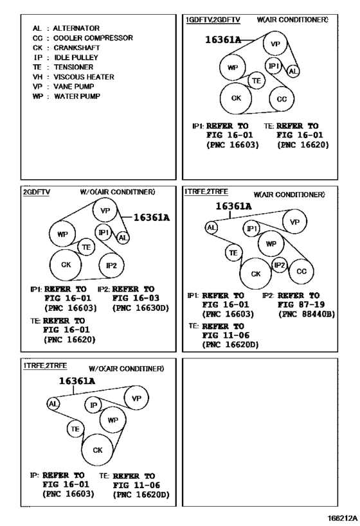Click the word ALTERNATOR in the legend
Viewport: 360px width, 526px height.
76,28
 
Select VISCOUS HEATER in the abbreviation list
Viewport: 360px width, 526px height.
84,77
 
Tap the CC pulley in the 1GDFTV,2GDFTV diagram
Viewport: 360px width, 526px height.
282,99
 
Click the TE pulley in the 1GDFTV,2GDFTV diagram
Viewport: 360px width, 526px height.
256,80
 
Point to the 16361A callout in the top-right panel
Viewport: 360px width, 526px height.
223,40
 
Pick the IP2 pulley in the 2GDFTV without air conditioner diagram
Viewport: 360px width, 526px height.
111,265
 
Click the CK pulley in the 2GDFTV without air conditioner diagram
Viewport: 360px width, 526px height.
66,265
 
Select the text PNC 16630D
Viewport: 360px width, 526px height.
141,308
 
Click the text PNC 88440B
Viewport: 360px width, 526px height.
307,314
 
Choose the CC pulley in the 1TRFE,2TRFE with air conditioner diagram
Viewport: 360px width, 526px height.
301,272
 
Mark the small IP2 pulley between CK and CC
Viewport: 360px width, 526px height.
280,265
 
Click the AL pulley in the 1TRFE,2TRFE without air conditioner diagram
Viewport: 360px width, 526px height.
53,403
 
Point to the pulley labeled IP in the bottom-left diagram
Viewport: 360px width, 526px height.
93,405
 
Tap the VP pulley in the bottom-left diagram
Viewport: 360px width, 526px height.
136,398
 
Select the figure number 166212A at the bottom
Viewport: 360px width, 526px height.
343,518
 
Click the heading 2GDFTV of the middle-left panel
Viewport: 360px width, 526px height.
37,192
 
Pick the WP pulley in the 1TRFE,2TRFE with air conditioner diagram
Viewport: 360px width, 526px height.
271,244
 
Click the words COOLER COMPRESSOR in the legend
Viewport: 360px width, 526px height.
93,38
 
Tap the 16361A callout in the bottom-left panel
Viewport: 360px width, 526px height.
77,381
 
